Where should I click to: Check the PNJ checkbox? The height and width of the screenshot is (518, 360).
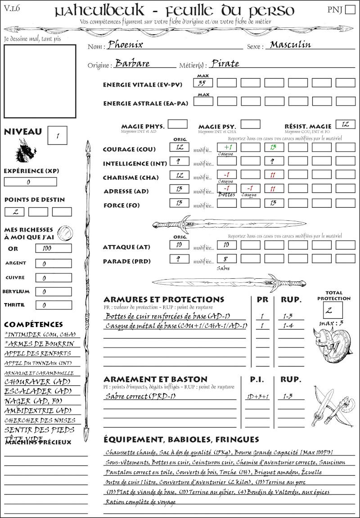pyautogui.click(x=349, y=10)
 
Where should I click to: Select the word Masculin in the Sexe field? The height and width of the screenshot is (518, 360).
pyautogui.click(x=290, y=45)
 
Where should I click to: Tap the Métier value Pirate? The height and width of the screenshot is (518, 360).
pyautogui.click(x=225, y=63)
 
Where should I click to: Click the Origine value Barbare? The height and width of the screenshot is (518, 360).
pyautogui.click(x=133, y=63)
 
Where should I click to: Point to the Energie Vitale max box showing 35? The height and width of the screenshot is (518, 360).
pyautogui.click(x=203, y=83)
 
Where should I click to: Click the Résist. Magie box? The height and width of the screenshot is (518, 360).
pyautogui.click(x=345, y=124)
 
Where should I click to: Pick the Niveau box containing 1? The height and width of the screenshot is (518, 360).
pyautogui.click(x=58, y=134)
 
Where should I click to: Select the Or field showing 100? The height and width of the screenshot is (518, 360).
pyautogui.click(x=53, y=248)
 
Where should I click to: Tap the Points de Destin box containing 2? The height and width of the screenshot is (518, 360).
pyautogui.click(x=14, y=212)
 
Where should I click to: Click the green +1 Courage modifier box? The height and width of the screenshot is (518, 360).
pyautogui.click(x=227, y=147)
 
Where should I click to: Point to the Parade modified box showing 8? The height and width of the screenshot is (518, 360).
pyautogui.click(x=227, y=259)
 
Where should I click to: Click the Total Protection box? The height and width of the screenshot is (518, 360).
pyautogui.click(x=333, y=310)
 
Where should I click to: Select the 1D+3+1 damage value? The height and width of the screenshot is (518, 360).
pyautogui.click(x=257, y=397)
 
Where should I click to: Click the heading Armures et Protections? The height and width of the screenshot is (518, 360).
pyautogui.click(x=164, y=299)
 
